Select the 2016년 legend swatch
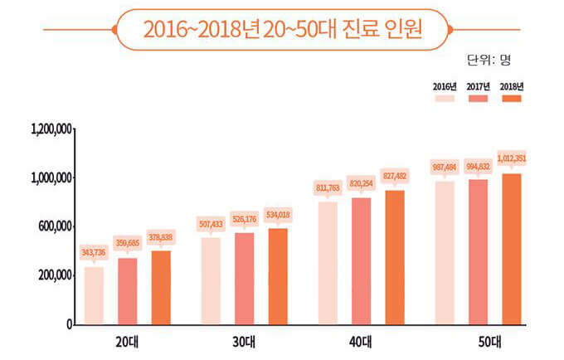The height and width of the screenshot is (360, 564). click(446, 99)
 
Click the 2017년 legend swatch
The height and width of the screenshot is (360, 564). click(479, 99)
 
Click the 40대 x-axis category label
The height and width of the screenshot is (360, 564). click(361, 341)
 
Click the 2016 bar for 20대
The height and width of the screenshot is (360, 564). click(94, 295)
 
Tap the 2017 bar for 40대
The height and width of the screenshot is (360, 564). click(361, 260)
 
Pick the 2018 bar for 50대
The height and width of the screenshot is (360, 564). click(512, 249)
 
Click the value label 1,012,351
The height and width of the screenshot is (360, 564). click(512, 158)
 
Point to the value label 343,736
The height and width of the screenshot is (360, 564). click(94, 251)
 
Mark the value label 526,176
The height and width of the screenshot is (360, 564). click(244, 219)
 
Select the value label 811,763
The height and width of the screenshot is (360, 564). click(328, 187)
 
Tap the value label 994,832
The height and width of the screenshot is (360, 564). click(479, 166)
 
